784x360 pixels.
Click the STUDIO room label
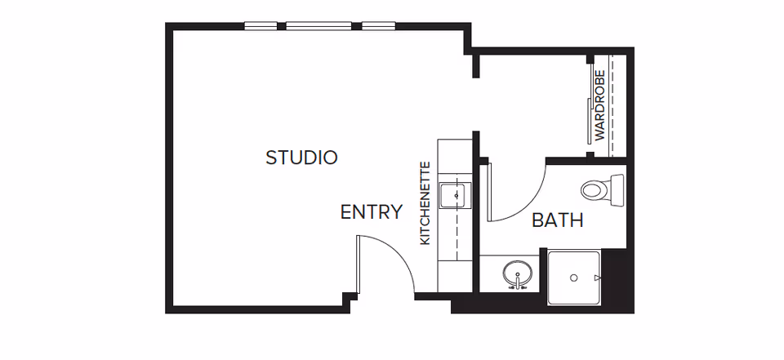[x=301, y=158]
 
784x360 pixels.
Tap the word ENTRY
[x=372, y=212]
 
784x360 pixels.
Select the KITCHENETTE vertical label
[x=425, y=203]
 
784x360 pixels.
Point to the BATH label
[x=557, y=220]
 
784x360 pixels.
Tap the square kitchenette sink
[x=452, y=195]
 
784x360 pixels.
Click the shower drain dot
[x=574, y=278]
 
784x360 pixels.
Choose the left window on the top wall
[x=261, y=26]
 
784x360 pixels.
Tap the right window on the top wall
[x=378, y=26]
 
